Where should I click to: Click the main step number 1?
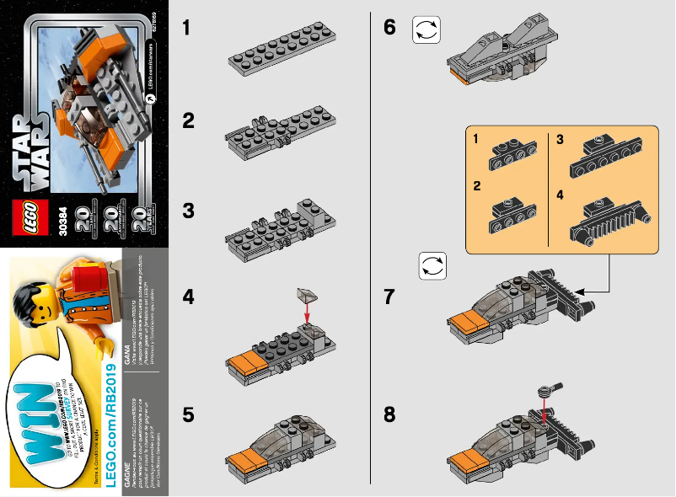click(188, 29)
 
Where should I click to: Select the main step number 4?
click(189, 298)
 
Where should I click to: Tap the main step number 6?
click(389, 28)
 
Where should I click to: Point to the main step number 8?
click(389, 415)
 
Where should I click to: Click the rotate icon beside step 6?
click(426, 30)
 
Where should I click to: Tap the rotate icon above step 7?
click(432, 267)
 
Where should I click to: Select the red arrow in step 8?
click(546, 414)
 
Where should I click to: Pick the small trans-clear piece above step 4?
click(307, 295)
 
